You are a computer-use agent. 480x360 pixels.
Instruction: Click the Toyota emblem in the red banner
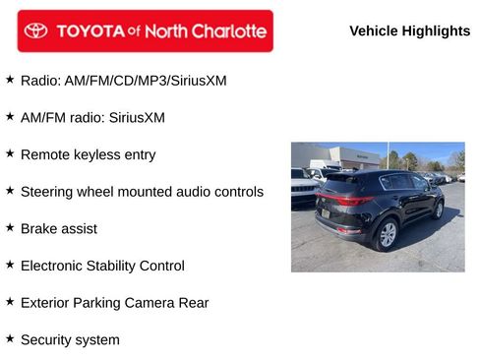[36, 30]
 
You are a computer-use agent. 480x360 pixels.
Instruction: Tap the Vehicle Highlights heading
[409, 30]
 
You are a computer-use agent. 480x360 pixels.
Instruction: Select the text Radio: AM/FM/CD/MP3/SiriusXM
[123, 80]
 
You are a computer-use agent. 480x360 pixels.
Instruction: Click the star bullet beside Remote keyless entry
[10, 153]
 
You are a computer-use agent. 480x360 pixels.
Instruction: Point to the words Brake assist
[58, 228]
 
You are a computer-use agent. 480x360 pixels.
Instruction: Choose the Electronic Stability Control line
[102, 266]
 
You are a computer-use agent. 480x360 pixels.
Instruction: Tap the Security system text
[70, 339]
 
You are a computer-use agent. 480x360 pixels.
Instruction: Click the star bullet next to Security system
[10, 338]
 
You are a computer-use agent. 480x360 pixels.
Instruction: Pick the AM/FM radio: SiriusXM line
[92, 117]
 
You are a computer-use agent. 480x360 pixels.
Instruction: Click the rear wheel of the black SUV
[388, 234]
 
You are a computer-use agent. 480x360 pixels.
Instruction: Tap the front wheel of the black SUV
[438, 209]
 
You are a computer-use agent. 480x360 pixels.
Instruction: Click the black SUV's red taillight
[355, 202]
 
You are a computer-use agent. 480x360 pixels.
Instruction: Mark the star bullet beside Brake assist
[10, 227]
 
